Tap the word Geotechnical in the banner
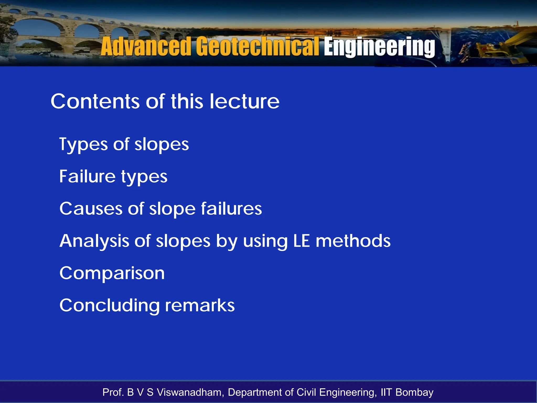[x=258, y=47]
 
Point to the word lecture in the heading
[x=244, y=102]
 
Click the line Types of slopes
[x=124, y=145]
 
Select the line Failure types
[x=113, y=177]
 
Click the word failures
[x=232, y=209]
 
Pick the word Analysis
[x=94, y=241]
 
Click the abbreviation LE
[x=301, y=241]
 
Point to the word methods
[x=353, y=241]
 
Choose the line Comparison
[x=112, y=273]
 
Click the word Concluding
[x=110, y=306]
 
